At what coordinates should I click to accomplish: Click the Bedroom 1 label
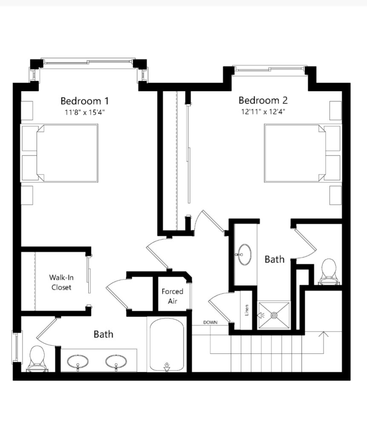[x=85, y=100]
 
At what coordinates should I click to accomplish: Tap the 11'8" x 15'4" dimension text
[x=85, y=112]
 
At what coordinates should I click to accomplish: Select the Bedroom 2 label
[x=263, y=100]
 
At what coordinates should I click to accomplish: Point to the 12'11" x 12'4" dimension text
[x=263, y=112]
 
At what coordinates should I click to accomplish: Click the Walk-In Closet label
[x=61, y=282]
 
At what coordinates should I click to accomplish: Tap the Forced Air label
[x=172, y=296]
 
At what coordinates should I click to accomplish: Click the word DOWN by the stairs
[x=210, y=322]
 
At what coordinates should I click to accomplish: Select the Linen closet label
[x=247, y=310]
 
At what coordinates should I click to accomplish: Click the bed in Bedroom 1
[x=67, y=153]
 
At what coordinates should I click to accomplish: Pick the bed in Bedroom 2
[x=295, y=153]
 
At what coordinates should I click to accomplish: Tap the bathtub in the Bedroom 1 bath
[x=167, y=345]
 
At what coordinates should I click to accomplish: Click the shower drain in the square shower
[x=275, y=316]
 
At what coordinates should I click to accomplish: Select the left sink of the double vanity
[x=78, y=362]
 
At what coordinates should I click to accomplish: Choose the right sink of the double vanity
[x=116, y=362]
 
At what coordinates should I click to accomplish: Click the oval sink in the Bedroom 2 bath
[x=244, y=255]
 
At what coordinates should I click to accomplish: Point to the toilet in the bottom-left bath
[x=37, y=359]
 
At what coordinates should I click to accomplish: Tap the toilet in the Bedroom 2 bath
[x=329, y=272]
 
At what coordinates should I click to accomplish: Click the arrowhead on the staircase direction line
[x=324, y=334]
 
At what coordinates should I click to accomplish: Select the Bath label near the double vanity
[x=103, y=334]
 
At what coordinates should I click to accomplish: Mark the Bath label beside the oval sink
[x=275, y=259]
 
